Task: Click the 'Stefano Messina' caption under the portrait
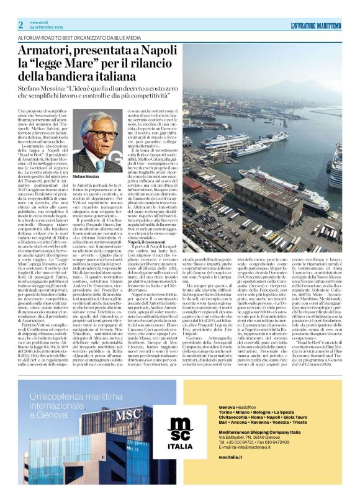(85, 177)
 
